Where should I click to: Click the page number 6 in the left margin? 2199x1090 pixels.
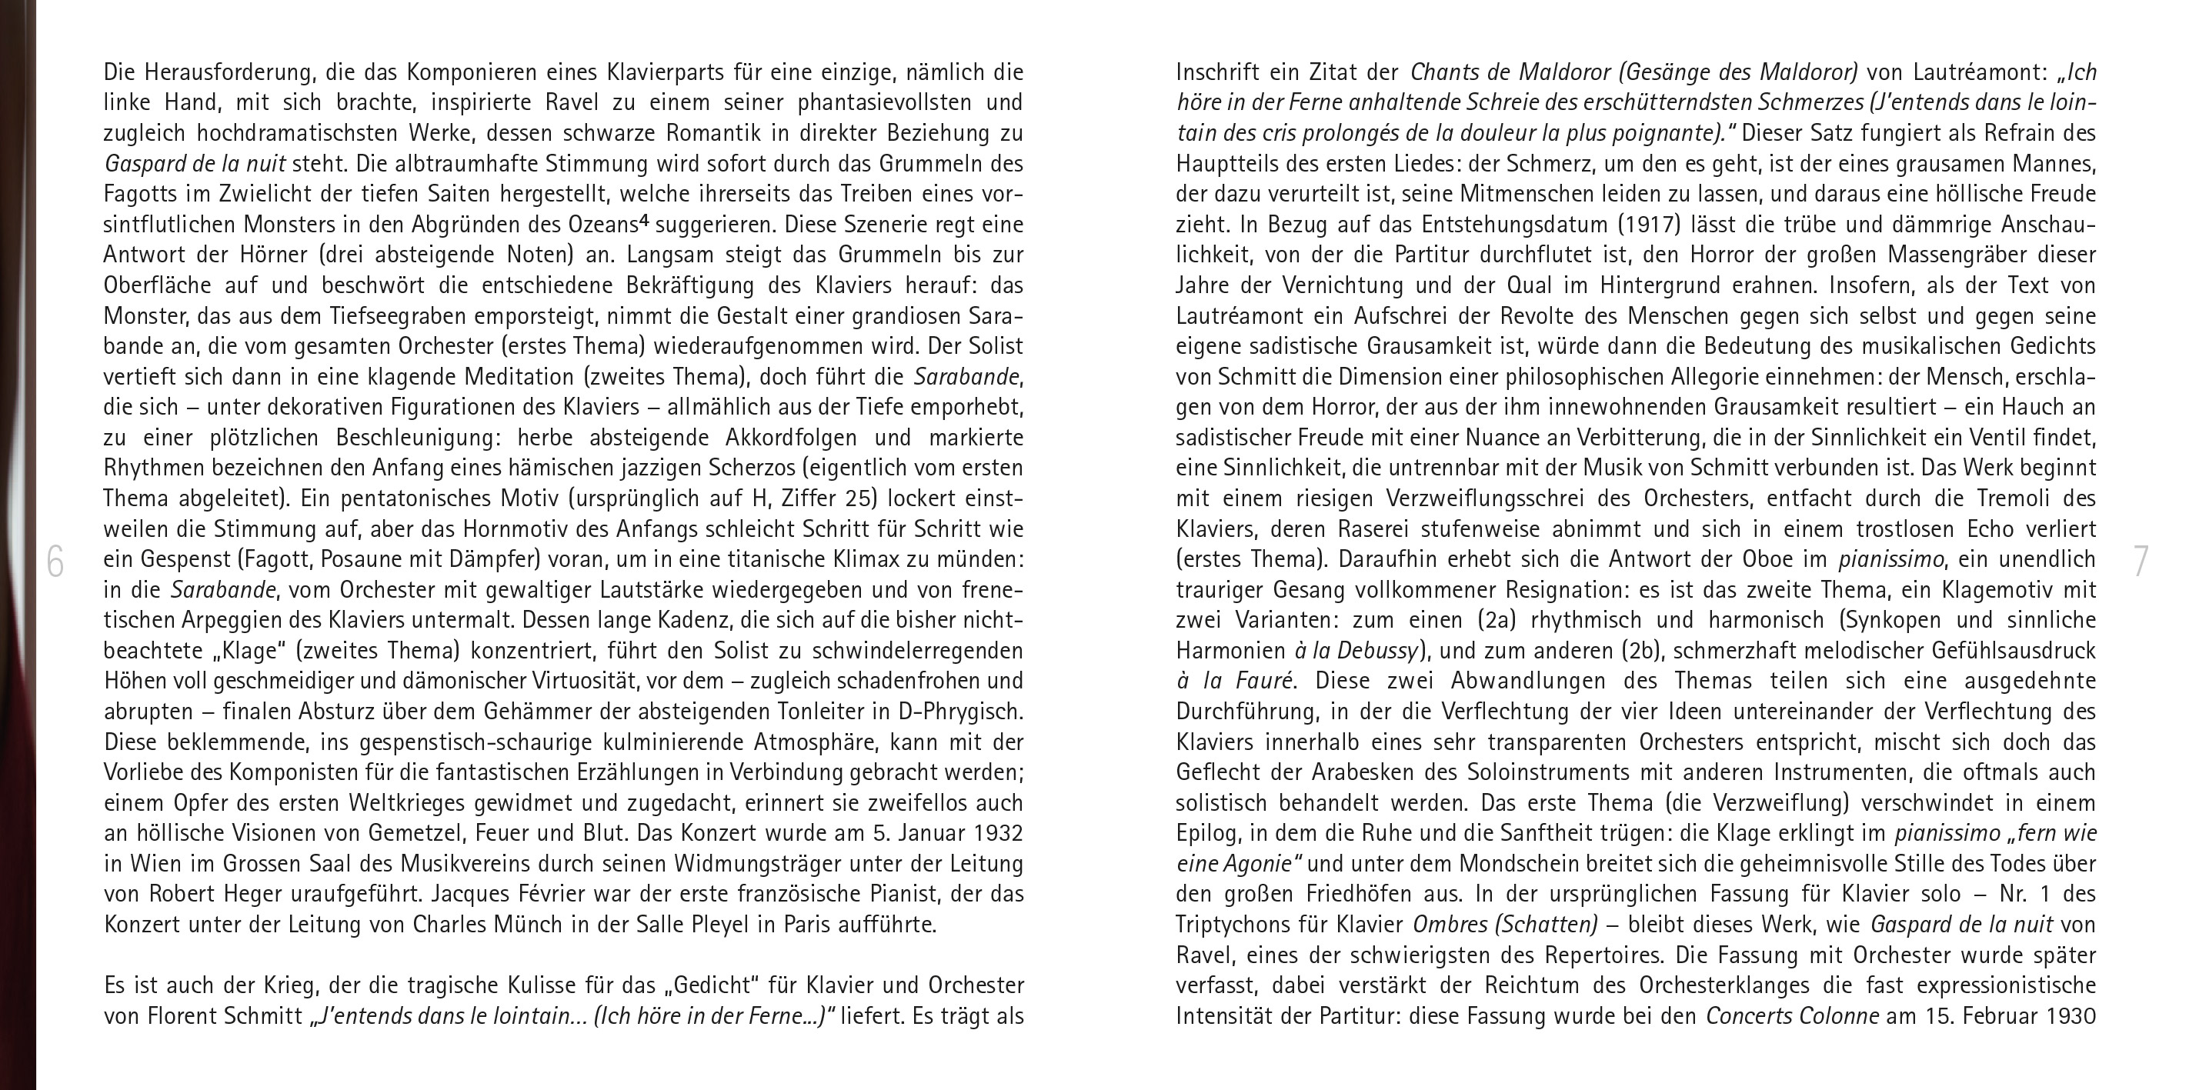click(55, 562)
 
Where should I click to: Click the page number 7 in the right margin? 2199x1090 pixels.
click(2141, 562)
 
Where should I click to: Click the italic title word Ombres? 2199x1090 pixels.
click(1448, 925)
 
